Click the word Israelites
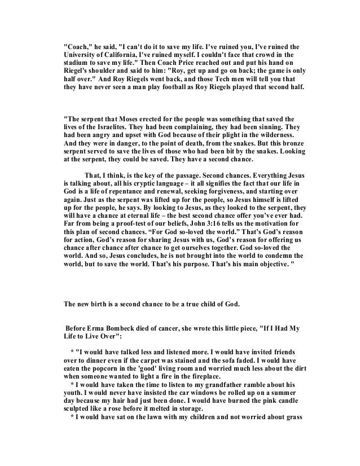pyautogui.click(x=114, y=129)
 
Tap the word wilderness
pyautogui.click(x=272, y=138)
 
